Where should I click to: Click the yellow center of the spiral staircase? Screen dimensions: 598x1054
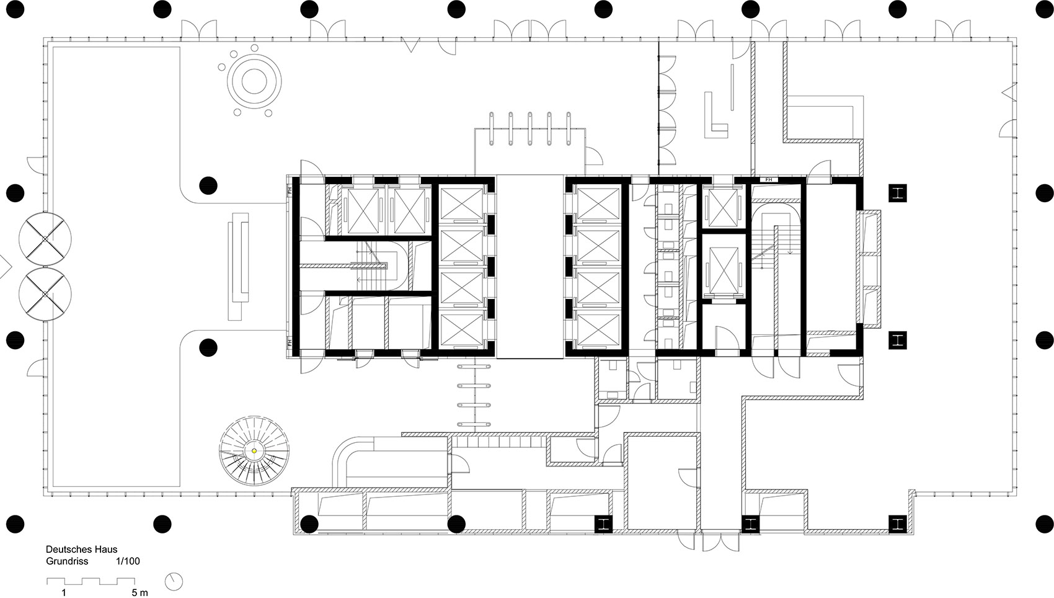pos(254,451)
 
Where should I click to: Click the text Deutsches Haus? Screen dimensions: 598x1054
pos(81,550)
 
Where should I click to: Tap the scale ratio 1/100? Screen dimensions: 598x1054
pos(128,561)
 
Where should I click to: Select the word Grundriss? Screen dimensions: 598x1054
pos(66,561)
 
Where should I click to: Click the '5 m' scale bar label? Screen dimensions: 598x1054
pos(139,593)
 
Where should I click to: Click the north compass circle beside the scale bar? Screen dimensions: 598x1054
pos(174,581)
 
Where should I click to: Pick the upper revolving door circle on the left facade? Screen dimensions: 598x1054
pos(45,239)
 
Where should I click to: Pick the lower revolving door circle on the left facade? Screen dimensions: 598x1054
pos(45,295)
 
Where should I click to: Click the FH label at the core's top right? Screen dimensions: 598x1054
pos(769,180)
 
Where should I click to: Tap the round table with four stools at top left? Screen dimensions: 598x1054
pos(253,80)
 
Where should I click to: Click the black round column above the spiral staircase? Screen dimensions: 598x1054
pos(208,346)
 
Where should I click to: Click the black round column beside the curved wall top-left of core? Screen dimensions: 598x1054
pos(208,185)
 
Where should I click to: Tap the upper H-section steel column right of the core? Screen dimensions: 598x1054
pos(897,193)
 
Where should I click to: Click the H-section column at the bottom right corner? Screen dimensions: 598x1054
pos(897,524)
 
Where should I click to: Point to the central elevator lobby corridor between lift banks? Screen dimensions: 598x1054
pos(529,267)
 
